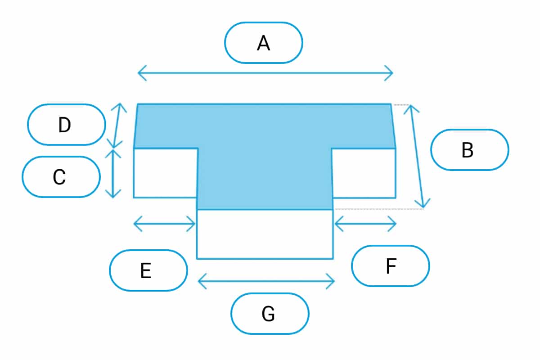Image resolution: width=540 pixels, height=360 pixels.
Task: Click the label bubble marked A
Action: tap(264, 43)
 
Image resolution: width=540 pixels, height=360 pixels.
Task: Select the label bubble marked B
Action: tap(469, 150)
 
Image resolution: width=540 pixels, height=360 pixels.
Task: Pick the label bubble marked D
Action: tap(66, 125)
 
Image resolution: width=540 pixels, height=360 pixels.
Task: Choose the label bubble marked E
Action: tap(148, 270)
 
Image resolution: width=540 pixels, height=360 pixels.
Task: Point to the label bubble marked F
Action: tap(390, 265)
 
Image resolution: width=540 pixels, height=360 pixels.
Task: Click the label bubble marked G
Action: tap(270, 313)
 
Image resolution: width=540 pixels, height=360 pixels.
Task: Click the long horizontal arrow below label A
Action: tap(265, 72)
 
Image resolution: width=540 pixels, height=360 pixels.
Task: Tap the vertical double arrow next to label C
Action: tap(113, 174)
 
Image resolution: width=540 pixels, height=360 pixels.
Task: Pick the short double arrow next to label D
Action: tap(117, 126)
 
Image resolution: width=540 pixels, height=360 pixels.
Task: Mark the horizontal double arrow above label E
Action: tap(165, 223)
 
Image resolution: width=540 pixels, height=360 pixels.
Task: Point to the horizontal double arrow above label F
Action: tap(365, 223)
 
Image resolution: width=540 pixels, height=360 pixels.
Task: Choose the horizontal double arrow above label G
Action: tap(266, 282)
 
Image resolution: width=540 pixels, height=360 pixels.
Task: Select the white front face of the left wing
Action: tap(165, 173)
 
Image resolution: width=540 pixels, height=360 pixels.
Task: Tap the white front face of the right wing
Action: tap(364, 173)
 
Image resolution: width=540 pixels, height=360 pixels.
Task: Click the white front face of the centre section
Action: tap(265, 234)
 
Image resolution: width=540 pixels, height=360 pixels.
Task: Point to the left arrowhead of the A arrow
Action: tap(140, 72)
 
